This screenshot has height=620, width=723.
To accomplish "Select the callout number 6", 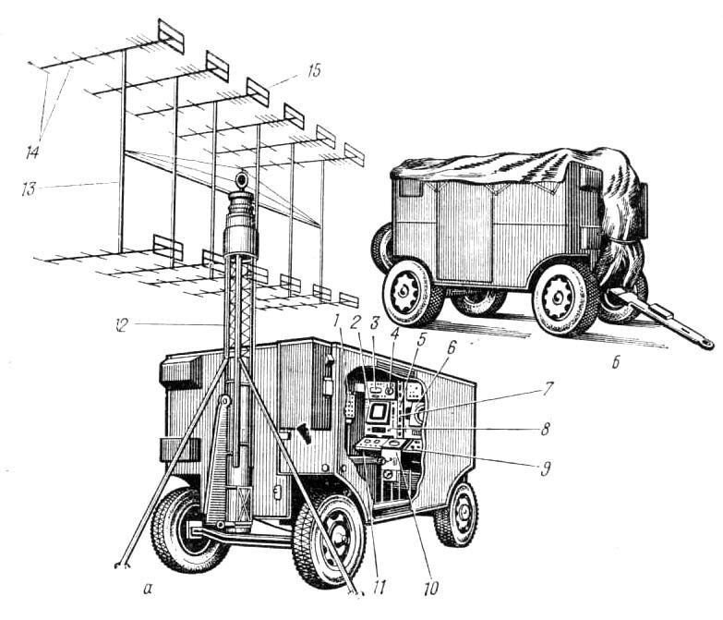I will coord(450,348).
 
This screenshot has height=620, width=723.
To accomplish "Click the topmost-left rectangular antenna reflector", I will coord(171,35).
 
